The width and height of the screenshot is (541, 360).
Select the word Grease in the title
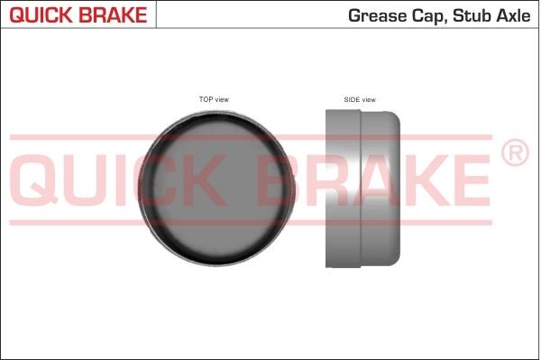coord(371,16)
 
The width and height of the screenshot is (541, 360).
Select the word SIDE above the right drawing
coord(352,99)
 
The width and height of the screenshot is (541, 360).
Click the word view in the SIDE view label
coord(368,99)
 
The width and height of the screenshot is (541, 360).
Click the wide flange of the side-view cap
coord(344,189)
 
